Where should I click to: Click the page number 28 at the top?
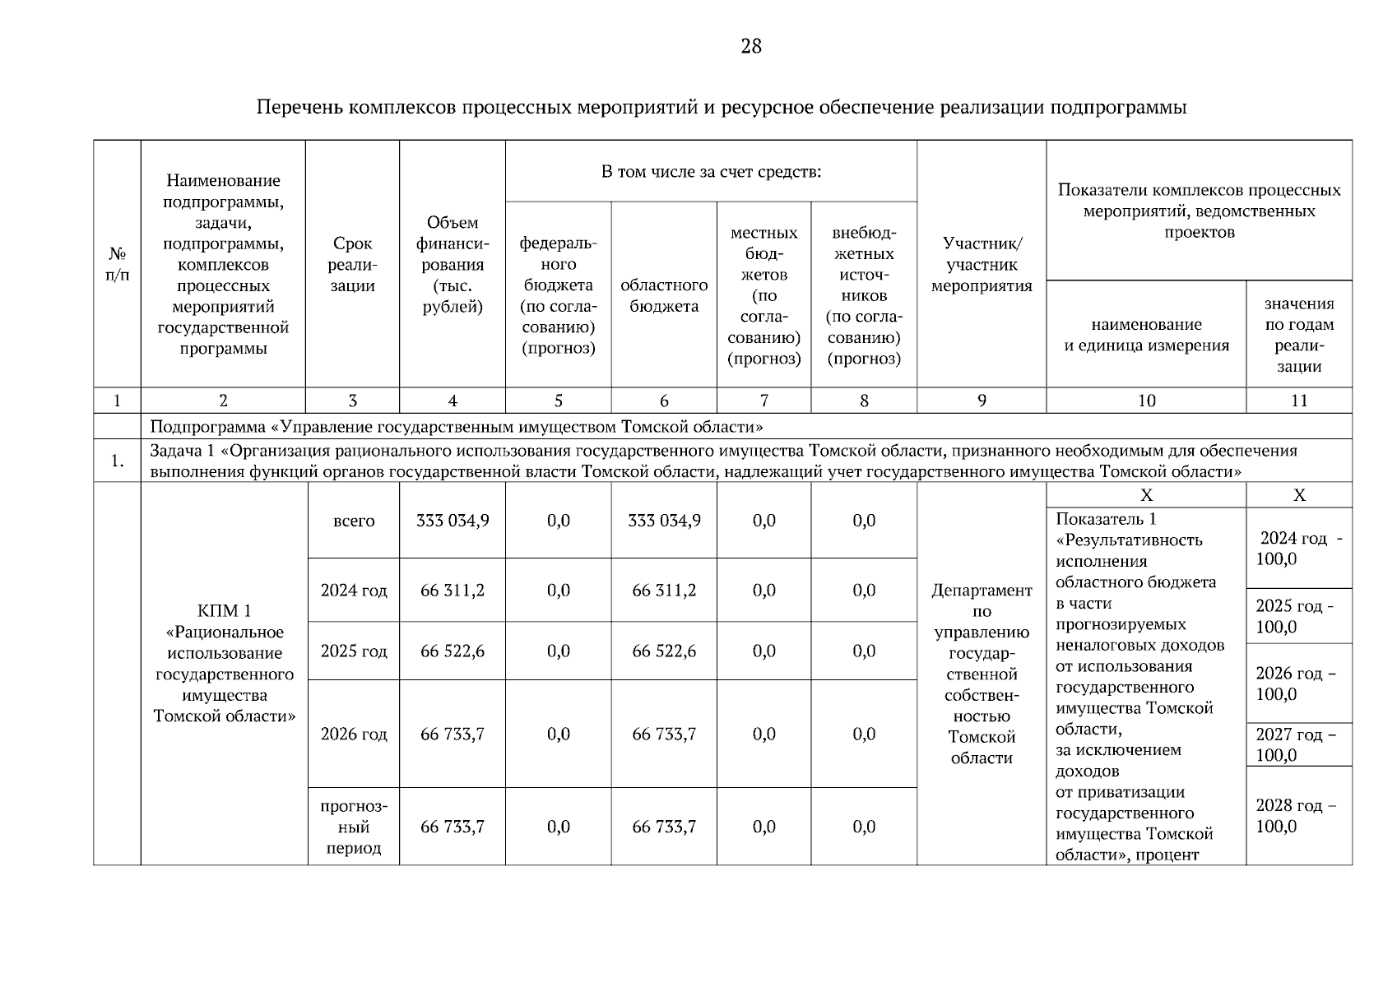tap(751, 46)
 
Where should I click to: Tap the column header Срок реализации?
tap(353, 265)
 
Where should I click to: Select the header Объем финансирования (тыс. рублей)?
tap(453, 265)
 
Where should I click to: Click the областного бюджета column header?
tap(664, 295)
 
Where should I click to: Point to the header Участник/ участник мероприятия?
tap(982, 265)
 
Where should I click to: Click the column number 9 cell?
tap(982, 401)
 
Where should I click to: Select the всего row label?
tap(354, 521)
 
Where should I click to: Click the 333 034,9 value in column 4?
tap(453, 521)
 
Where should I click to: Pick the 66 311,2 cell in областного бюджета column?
tap(664, 591)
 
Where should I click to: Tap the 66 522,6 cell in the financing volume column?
tap(453, 651)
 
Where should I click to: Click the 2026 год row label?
tap(354, 734)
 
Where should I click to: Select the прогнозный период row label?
tap(354, 827)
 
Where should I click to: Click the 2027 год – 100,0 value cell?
tap(1297, 744)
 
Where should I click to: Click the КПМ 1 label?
tap(224, 611)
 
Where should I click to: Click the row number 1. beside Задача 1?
tap(117, 461)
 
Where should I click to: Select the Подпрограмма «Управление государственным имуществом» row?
tap(457, 427)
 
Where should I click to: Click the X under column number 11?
tap(1299, 495)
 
